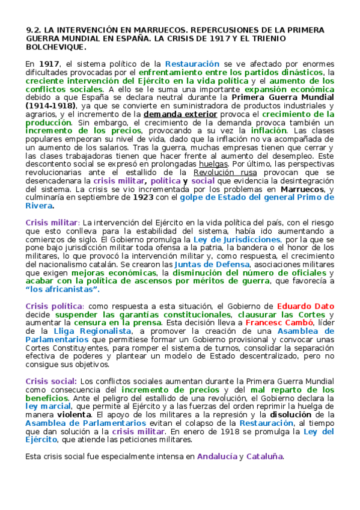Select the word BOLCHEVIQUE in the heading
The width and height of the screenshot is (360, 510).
(56, 46)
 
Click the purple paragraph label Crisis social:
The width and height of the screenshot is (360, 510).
(51, 381)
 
